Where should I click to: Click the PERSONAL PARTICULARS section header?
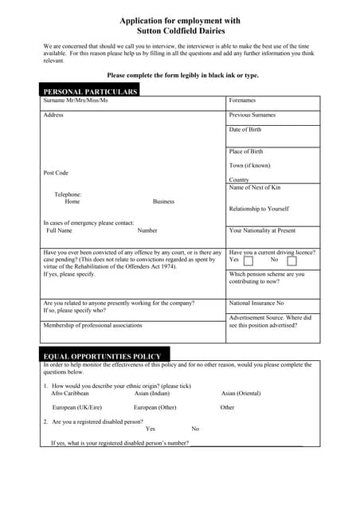(90, 92)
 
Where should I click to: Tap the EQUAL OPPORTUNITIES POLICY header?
(102, 356)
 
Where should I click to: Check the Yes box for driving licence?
(248, 261)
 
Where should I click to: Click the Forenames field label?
(242, 101)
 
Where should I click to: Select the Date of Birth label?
(245, 130)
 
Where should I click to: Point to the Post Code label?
(56, 173)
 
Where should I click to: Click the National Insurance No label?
(256, 304)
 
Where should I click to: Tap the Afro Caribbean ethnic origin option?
(70, 393)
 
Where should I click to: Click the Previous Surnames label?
(252, 116)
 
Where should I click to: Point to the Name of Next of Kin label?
(254, 188)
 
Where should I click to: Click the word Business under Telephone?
(163, 202)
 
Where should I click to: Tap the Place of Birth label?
(245, 151)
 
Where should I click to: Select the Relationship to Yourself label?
(258, 209)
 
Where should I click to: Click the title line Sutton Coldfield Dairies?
(179, 30)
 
